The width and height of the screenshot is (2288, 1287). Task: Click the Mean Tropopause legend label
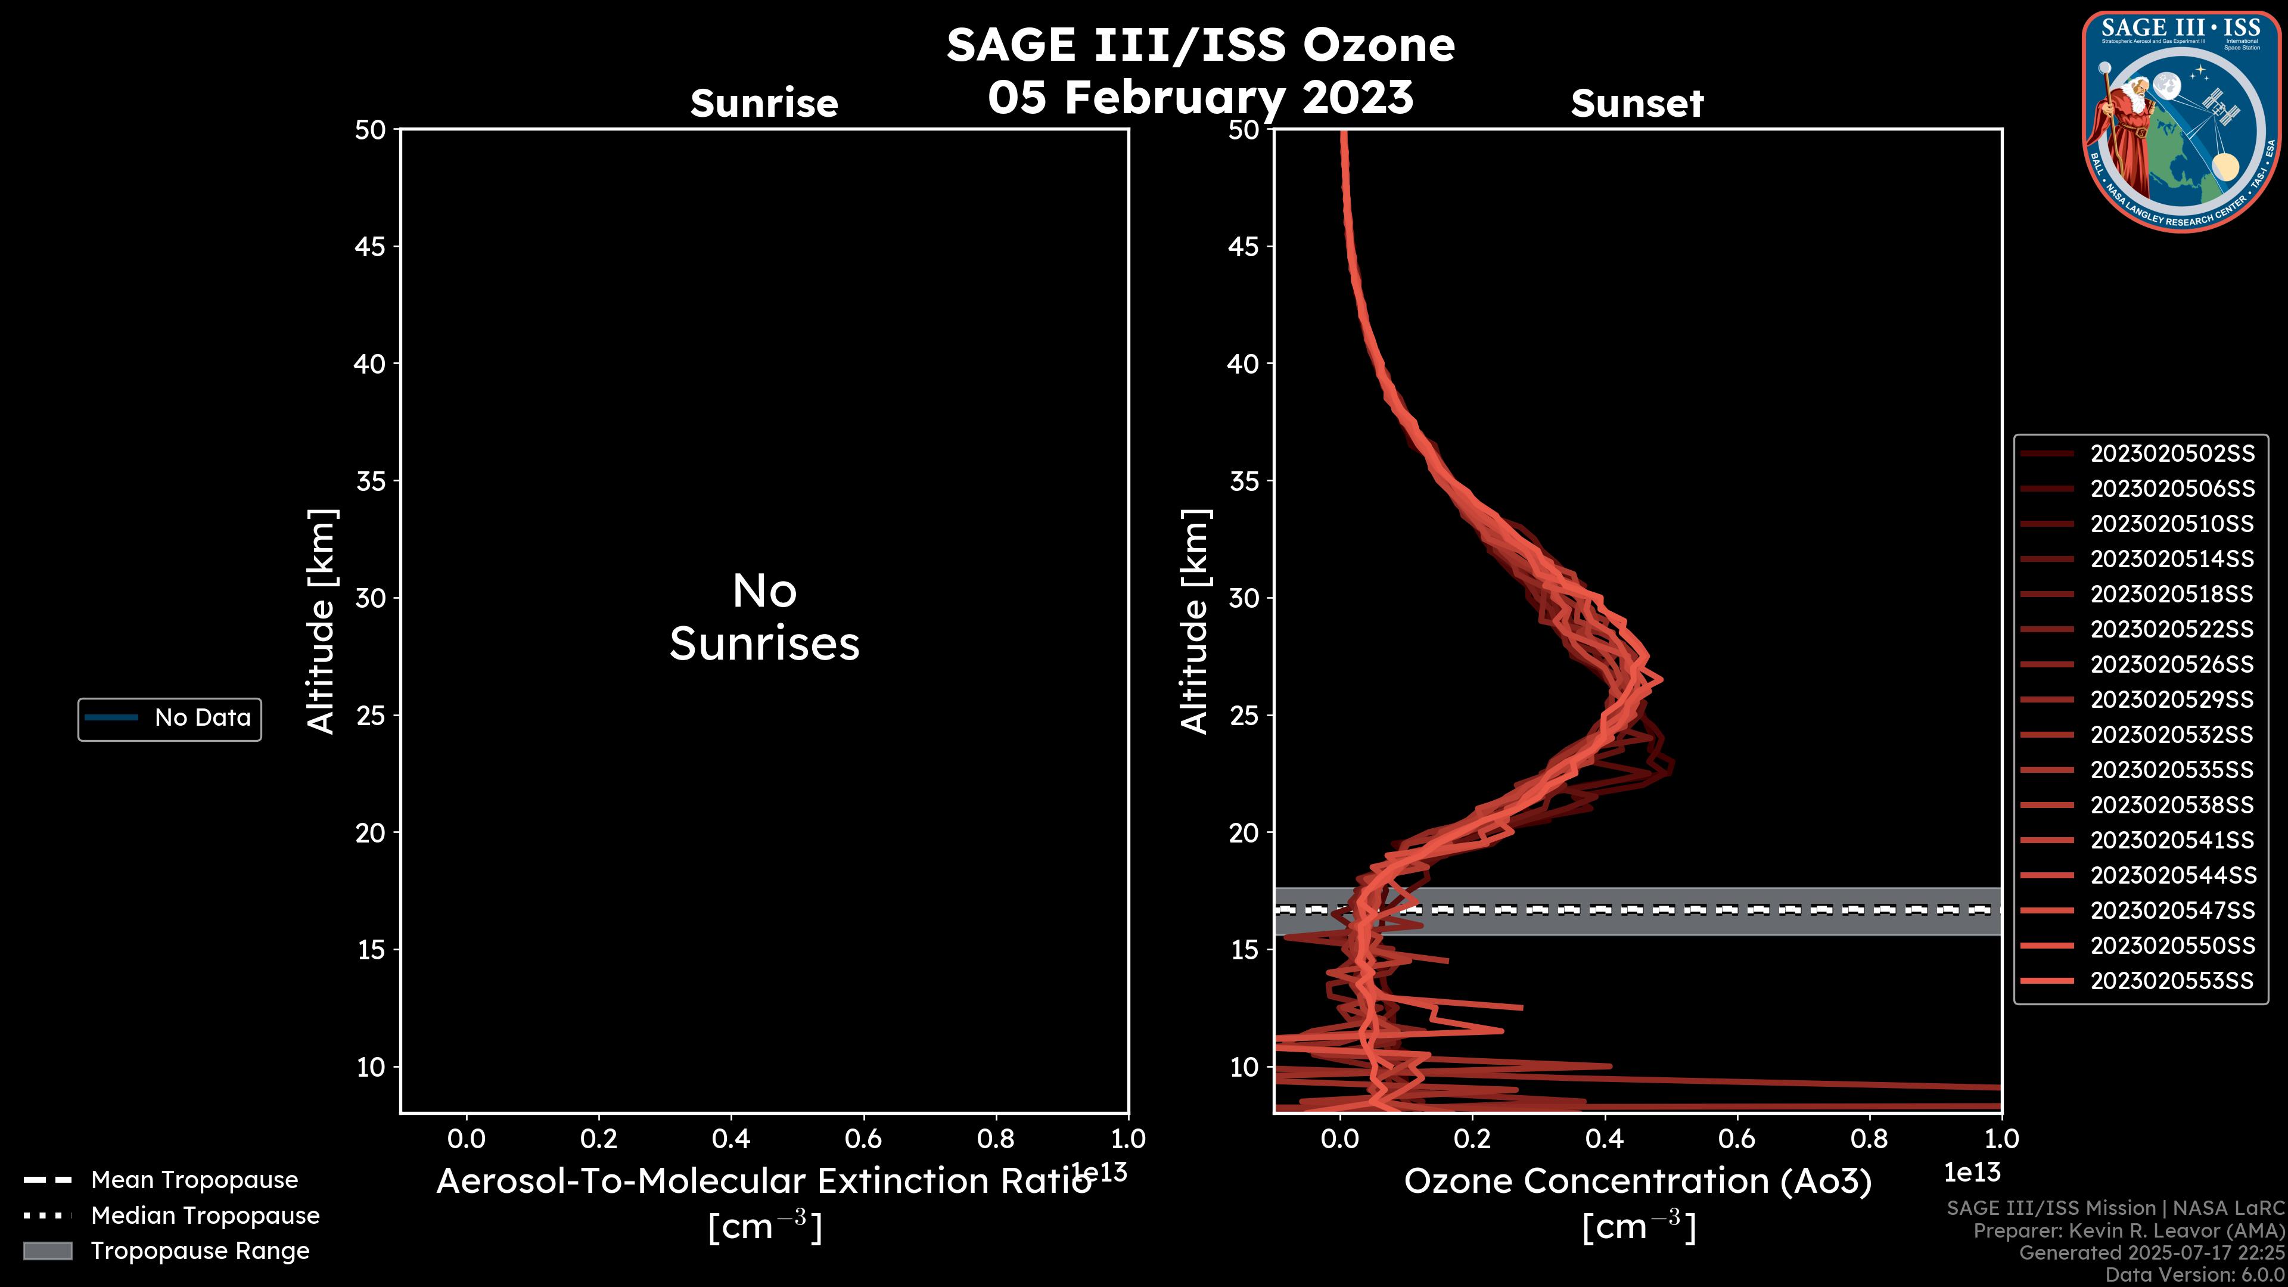pyautogui.click(x=194, y=1180)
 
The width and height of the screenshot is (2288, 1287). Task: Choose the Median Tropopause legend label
pyautogui.click(x=205, y=1215)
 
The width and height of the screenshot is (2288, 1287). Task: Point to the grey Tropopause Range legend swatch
pyautogui.click(x=48, y=1251)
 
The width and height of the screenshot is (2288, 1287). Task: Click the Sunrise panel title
pyautogui.click(x=764, y=103)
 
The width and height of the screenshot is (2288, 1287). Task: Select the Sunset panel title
pyautogui.click(x=1637, y=103)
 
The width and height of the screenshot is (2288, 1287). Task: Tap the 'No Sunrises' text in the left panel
pyautogui.click(x=764, y=617)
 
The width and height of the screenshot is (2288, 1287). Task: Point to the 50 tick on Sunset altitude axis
pyautogui.click(x=1244, y=130)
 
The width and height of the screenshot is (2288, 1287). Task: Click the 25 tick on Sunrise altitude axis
pyautogui.click(x=371, y=715)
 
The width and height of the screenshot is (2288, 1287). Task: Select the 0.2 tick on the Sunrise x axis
pyautogui.click(x=599, y=1139)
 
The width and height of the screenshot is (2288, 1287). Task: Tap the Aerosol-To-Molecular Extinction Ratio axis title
pyautogui.click(x=764, y=1182)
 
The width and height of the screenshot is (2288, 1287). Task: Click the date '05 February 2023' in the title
pyautogui.click(x=1200, y=97)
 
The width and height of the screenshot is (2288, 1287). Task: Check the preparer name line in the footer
pyautogui.click(x=2128, y=1231)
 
